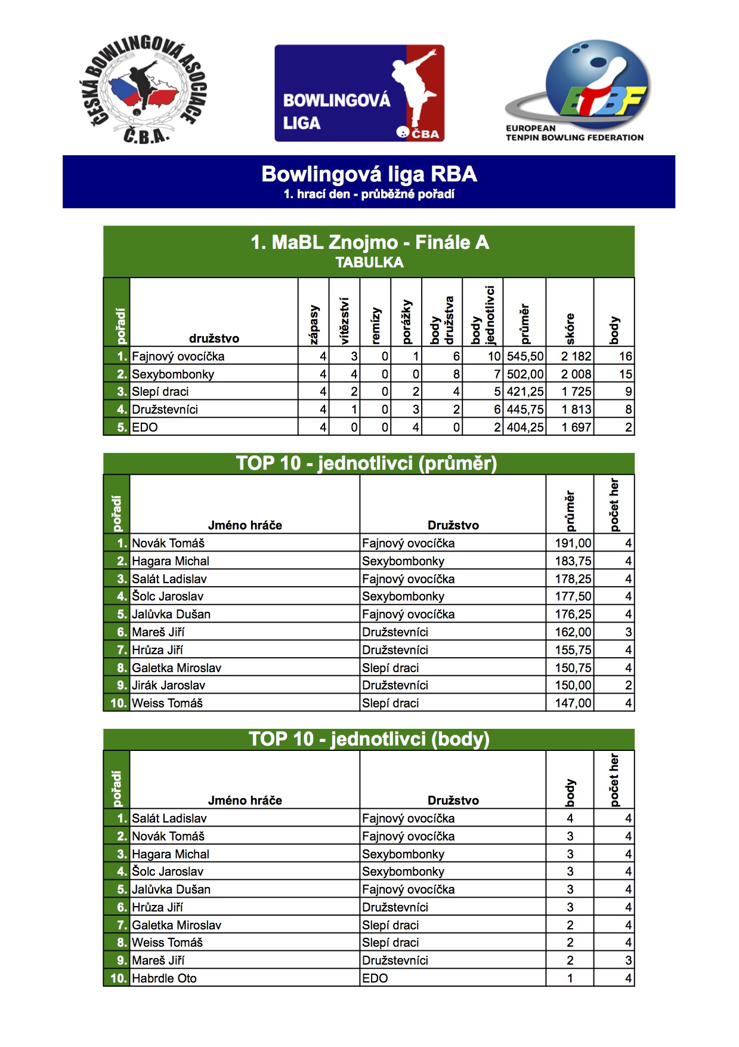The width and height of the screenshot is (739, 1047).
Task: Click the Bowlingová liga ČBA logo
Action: (x=359, y=93)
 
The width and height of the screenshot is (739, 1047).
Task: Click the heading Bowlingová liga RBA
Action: (x=369, y=174)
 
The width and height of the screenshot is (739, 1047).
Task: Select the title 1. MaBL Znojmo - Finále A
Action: (x=369, y=242)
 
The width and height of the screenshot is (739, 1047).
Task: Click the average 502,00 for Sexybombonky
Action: (x=525, y=374)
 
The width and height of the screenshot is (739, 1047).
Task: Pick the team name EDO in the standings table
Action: (x=145, y=427)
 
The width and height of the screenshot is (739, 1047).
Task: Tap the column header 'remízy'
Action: (x=376, y=325)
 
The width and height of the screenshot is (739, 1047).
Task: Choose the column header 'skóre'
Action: (x=570, y=328)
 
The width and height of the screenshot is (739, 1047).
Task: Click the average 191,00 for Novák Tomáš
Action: (x=573, y=543)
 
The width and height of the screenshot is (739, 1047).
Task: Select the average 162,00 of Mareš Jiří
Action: (x=573, y=632)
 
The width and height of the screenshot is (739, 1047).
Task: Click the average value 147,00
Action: (x=573, y=703)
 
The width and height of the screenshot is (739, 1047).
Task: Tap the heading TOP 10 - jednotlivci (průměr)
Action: (x=366, y=463)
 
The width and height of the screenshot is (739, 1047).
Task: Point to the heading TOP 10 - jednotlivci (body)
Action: (x=369, y=739)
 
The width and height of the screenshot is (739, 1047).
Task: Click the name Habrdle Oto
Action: (x=164, y=978)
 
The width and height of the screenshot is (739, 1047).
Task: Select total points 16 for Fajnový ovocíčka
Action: (x=624, y=356)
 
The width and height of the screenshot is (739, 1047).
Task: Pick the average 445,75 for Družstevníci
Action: (x=525, y=409)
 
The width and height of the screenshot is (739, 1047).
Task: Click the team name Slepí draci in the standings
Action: (x=160, y=392)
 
